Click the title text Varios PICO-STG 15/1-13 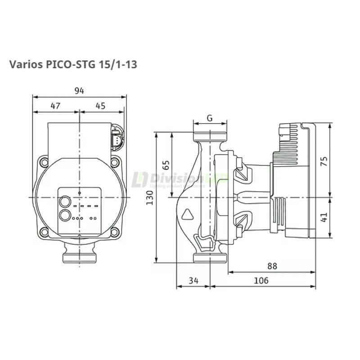coord(73,64)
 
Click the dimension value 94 coord(79,91)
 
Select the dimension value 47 coord(55,106)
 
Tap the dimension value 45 coord(100,106)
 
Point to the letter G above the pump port coord(210,118)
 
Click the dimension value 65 coord(165,164)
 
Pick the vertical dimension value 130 coord(150,197)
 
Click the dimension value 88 coord(272,266)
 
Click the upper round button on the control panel coord(65,202)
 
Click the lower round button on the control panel coord(65,216)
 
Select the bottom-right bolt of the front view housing coord(115,232)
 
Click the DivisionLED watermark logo coord(180,180)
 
